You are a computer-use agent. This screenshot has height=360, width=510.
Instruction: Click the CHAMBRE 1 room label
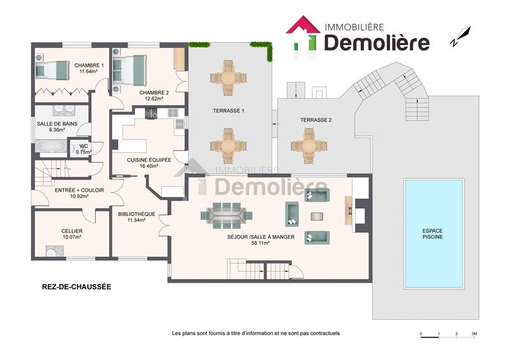pyautogui.click(x=88, y=65)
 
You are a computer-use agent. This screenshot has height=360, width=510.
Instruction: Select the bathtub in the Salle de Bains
pyautogui.click(x=51, y=148)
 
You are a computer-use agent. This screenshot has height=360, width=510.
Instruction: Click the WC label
pyautogui.click(x=84, y=146)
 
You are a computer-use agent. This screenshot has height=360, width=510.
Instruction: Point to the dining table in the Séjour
pyautogui.click(x=222, y=214)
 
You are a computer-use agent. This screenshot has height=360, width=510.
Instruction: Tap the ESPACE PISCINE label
pyautogui.click(x=433, y=233)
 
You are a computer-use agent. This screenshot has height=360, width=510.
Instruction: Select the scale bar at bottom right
pyautogui.click(x=448, y=334)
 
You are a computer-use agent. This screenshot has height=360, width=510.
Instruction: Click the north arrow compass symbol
pyautogui.click(x=460, y=36)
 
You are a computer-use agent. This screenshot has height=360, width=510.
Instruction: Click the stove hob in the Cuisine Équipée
pyautogui.click(x=152, y=114)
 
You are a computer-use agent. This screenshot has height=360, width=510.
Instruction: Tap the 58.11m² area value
pyautogui.click(x=261, y=242)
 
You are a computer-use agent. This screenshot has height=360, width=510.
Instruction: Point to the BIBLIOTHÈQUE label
pyautogui.click(x=136, y=214)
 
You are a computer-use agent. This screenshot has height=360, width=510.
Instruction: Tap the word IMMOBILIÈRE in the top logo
pyautogui.click(x=354, y=27)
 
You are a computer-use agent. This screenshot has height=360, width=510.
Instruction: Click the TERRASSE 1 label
pyautogui.click(x=229, y=111)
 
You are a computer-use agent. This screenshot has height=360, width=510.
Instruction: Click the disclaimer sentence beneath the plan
pyautogui.click(x=256, y=333)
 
